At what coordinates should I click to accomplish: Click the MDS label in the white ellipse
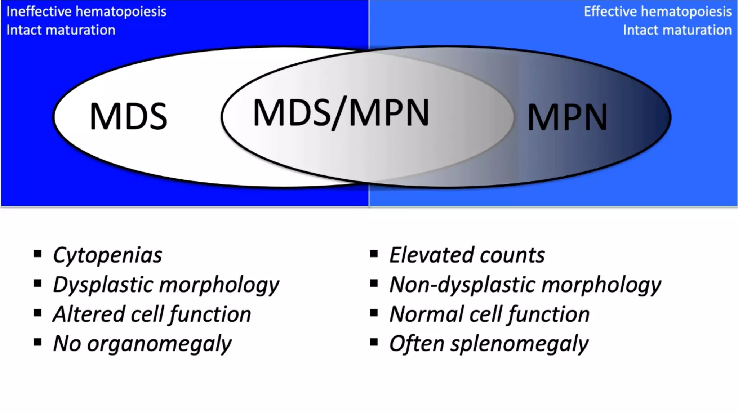click(128, 116)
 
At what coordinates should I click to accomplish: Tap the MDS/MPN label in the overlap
click(341, 113)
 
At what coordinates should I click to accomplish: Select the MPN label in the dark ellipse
click(567, 117)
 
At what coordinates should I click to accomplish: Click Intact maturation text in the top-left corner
click(61, 30)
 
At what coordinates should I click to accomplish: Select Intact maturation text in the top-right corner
click(677, 30)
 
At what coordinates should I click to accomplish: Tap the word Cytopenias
click(107, 255)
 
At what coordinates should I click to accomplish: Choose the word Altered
click(89, 314)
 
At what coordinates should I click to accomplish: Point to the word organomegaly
click(159, 344)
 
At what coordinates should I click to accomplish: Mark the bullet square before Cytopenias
click(37, 254)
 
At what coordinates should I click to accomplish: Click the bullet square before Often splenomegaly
click(374, 342)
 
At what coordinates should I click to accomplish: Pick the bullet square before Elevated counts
click(374, 254)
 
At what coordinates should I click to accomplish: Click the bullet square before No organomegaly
click(37, 342)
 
